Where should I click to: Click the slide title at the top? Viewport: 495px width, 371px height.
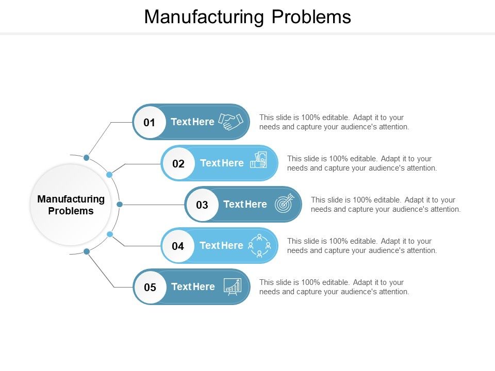247,16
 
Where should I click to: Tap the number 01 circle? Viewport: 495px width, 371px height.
150,122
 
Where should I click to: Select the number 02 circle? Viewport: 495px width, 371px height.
178,163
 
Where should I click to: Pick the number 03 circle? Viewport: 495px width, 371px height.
202,205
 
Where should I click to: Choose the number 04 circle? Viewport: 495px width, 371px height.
178,246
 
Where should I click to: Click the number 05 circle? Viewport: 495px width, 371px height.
150,287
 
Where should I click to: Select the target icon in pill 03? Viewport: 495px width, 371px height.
284,203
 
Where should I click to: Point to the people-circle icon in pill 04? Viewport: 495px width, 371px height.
259,245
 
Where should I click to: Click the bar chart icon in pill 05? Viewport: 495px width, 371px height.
232,286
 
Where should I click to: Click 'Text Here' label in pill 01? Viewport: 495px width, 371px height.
192,122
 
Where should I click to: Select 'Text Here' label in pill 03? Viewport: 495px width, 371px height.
245,205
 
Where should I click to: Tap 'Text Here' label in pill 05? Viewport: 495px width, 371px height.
193,287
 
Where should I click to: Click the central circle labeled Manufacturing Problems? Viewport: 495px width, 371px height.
71,205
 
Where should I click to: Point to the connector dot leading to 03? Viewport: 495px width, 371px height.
120,205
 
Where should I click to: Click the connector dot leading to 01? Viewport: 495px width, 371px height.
87,157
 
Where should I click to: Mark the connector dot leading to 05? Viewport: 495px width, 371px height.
87,251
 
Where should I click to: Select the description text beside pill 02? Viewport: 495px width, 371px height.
362,163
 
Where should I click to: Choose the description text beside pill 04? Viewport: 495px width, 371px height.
362,246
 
